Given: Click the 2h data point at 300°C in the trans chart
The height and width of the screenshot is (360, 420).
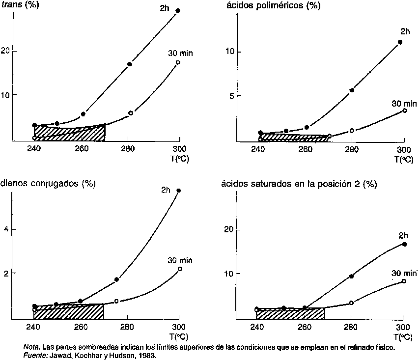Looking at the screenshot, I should pos(178,10).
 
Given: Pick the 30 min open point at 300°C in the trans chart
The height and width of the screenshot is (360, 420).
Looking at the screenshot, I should pos(178,62).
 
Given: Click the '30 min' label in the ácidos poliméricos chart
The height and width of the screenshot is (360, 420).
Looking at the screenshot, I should pos(404,104).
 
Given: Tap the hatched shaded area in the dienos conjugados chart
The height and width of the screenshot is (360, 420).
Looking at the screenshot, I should pos(69,312).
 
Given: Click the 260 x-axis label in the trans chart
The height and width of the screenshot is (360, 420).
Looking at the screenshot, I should pos(81,149).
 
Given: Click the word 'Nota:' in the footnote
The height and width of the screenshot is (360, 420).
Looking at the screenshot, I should pos(32,347).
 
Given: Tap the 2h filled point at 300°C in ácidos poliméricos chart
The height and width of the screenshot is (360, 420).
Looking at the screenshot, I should pos(400,42).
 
